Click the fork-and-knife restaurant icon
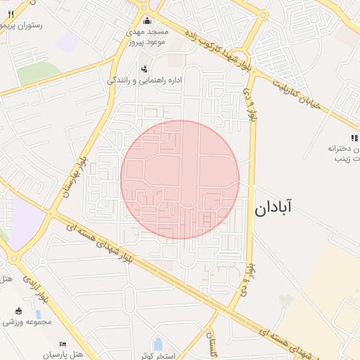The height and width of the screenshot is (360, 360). [10, 13]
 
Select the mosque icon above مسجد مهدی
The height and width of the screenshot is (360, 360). [147, 20]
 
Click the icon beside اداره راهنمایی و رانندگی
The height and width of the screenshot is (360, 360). [144, 69]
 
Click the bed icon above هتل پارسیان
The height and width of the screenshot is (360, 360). [63, 344]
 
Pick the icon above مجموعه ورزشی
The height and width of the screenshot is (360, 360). [18, 310]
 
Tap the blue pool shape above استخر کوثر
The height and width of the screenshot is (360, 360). [157, 345]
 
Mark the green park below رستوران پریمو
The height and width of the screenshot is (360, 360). [39, 73]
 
